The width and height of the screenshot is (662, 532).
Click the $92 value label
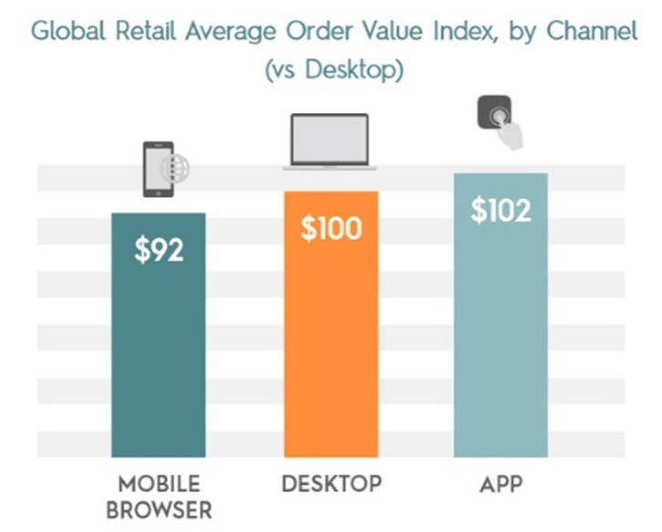point(159,250)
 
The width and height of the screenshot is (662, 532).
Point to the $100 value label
point(331,228)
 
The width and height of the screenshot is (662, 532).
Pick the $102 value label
point(501,210)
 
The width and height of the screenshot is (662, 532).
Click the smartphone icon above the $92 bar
point(157,169)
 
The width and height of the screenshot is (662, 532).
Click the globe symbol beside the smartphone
point(174,169)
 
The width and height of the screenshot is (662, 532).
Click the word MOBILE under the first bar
point(159,483)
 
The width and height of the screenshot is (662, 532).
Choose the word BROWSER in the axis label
point(159,510)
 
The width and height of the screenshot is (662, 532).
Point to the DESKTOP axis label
point(331,483)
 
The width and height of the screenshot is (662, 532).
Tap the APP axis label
point(501,483)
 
